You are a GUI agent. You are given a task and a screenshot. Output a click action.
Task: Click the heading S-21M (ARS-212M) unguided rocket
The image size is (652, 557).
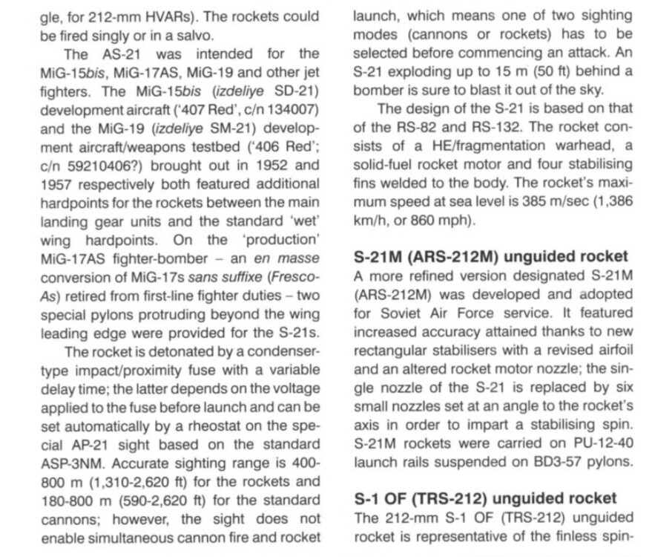490,256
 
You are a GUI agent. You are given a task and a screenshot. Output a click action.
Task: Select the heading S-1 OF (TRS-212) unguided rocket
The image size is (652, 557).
485,498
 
